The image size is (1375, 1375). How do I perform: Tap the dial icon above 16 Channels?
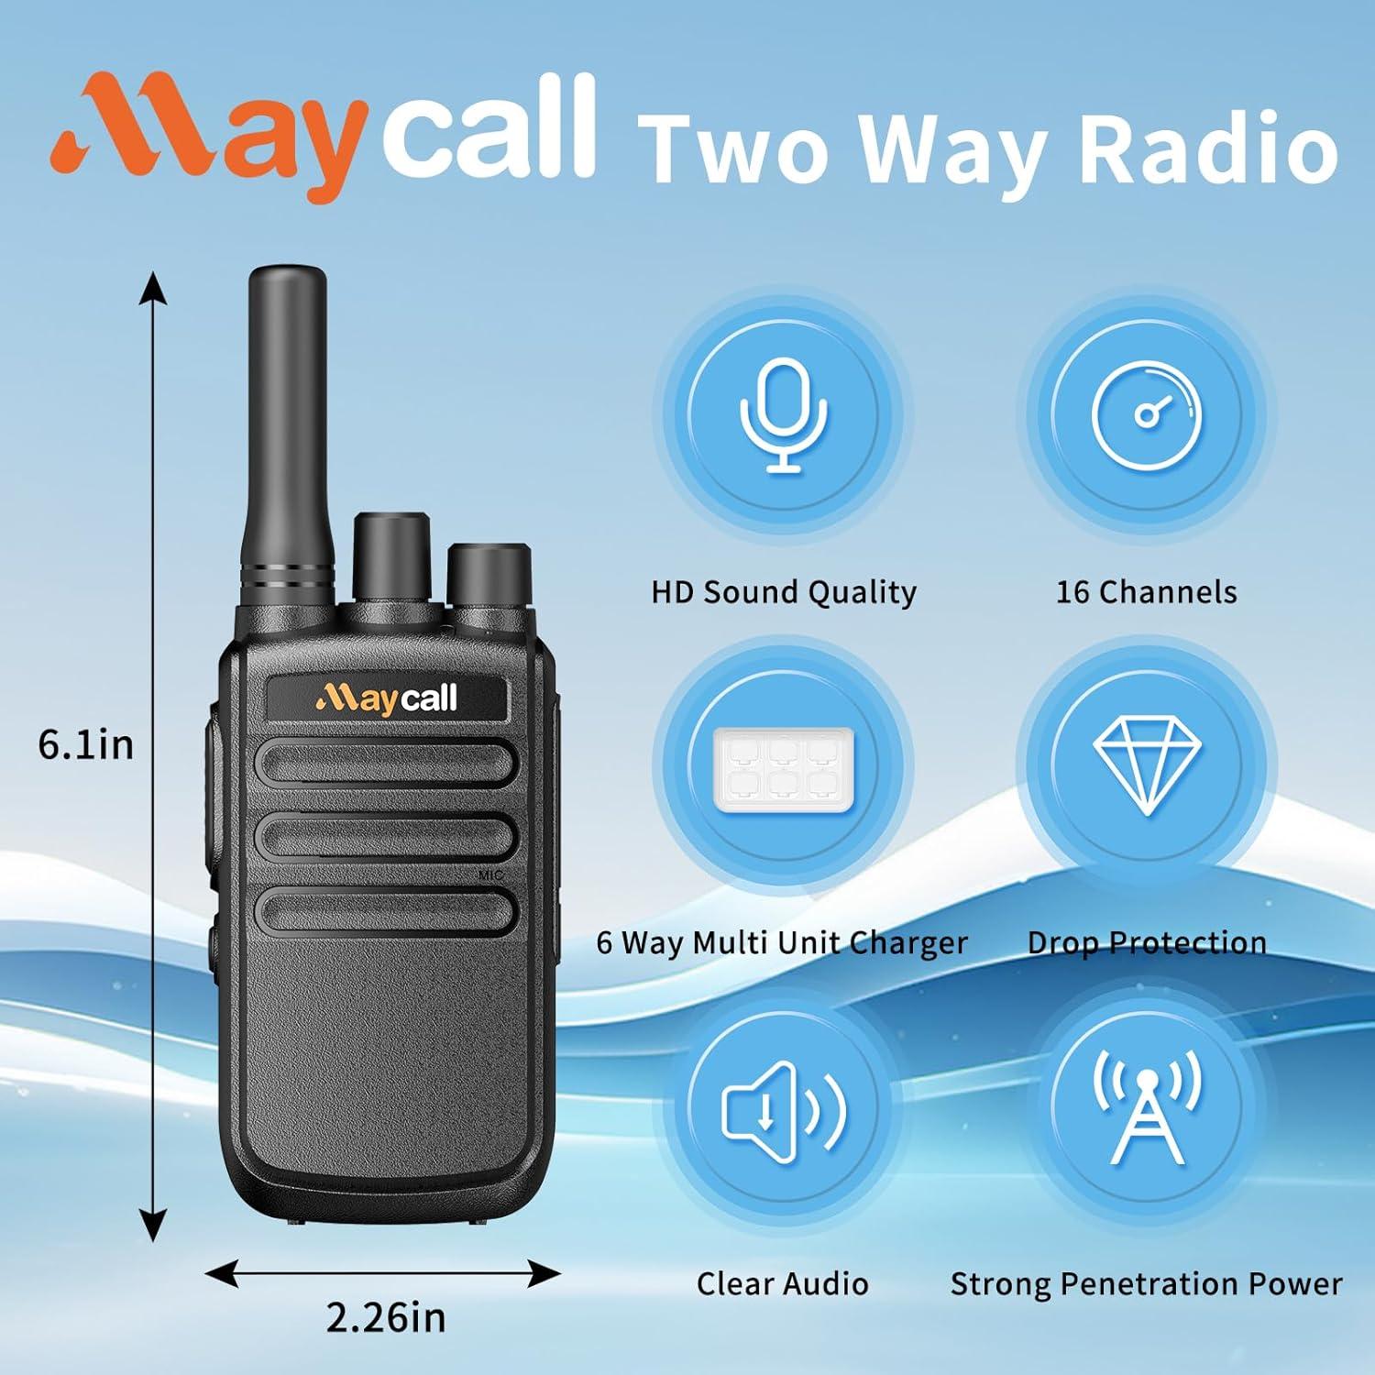click(1146, 415)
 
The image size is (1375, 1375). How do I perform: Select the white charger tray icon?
click(784, 764)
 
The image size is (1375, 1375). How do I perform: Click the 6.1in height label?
click(85, 744)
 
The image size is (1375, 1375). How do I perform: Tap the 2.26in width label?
click(386, 1317)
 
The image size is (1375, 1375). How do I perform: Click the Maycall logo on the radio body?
click(386, 699)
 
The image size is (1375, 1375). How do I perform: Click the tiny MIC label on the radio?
click(491, 875)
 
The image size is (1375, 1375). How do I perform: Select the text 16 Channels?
click(1146, 592)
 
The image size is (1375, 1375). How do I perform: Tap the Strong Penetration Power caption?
click(1146, 1284)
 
